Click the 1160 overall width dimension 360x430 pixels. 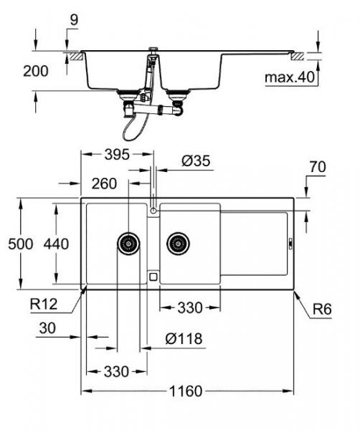coord(186,391)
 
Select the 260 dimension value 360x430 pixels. coord(104,184)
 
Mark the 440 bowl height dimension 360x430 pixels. coord(56,244)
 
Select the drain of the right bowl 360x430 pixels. coord(177,243)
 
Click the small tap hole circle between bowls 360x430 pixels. coord(153,210)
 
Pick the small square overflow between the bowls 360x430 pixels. coord(153,275)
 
